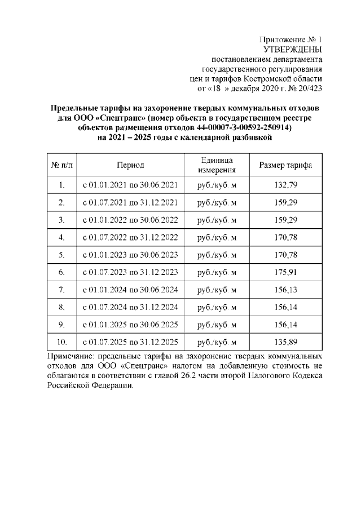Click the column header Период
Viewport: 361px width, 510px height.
[x=130, y=166]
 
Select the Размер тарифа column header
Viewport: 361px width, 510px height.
[x=285, y=166]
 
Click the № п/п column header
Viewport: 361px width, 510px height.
[x=62, y=166]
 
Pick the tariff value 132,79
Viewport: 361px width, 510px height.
[x=285, y=185]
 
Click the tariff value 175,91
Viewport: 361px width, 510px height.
[x=285, y=272]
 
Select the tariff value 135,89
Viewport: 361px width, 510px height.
[x=285, y=342]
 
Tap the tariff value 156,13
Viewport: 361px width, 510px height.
[x=285, y=290]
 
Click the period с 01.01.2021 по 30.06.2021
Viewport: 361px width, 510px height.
[x=130, y=185]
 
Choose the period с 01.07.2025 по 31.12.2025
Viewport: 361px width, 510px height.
[x=130, y=342]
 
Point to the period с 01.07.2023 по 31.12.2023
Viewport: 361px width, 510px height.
[x=130, y=272]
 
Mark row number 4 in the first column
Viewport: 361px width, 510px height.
[x=62, y=237]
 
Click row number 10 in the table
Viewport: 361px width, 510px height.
[x=62, y=342]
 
